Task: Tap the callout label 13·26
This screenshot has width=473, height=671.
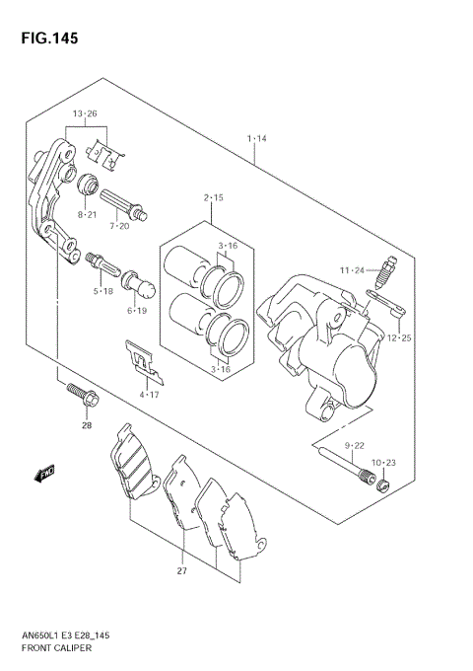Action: pyautogui.click(x=84, y=113)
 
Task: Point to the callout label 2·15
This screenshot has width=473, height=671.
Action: pyautogui.click(x=214, y=197)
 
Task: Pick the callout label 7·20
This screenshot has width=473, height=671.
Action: pyautogui.click(x=118, y=226)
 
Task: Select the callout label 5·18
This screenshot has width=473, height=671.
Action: pyautogui.click(x=104, y=291)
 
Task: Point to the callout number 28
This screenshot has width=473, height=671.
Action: pyautogui.click(x=86, y=425)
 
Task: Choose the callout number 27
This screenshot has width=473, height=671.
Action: pyautogui.click(x=181, y=570)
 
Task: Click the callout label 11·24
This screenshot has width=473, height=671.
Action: pyautogui.click(x=352, y=269)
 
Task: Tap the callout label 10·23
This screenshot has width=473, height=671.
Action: pyautogui.click(x=384, y=462)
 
